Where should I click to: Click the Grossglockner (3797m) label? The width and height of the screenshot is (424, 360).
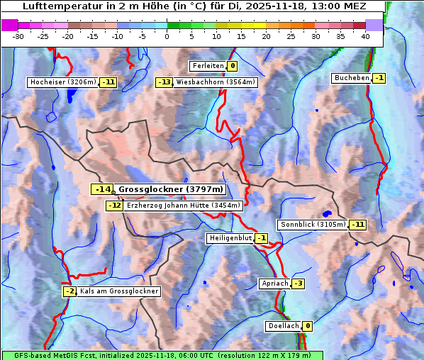click(170, 189)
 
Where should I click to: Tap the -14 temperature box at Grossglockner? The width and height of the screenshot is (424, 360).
click(102, 189)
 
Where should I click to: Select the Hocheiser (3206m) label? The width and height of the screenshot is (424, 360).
click(62, 82)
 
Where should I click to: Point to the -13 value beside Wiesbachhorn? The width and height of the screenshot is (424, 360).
click(164, 82)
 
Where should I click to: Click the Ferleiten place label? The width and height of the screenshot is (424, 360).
click(208, 66)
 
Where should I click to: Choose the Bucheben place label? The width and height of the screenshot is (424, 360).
click(351, 78)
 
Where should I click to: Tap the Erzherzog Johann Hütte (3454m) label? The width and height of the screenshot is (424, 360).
click(184, 206)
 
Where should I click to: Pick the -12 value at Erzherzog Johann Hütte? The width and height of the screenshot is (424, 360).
click(114, 206)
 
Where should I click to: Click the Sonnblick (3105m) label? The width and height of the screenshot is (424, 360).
click(313, 225)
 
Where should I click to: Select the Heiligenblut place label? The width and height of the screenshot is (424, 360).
click(230, 238)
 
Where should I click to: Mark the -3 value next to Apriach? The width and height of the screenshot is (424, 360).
click(298, 283)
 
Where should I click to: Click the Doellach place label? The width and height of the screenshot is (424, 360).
click(283, 326)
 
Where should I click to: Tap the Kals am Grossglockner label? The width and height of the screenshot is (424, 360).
click(118, 291)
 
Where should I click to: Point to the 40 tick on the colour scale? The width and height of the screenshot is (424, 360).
click(365, 36)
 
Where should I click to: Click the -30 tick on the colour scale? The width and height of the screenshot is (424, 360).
click(18, 36)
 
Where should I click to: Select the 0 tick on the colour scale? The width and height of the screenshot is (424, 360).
click(167, 36)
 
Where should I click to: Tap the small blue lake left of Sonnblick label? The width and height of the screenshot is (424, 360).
click(327, 213)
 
